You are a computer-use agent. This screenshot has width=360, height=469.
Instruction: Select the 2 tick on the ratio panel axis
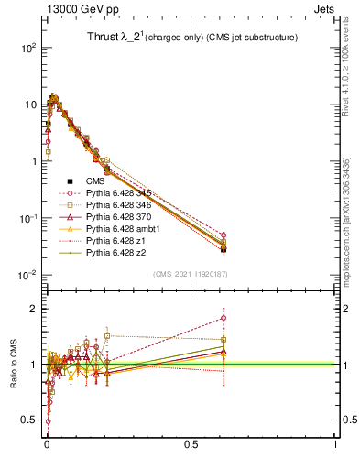pos(33,309)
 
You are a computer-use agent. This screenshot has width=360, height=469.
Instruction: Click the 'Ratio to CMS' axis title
pos(14,365)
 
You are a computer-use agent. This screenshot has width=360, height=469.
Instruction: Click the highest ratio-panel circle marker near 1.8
pos(224,319)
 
